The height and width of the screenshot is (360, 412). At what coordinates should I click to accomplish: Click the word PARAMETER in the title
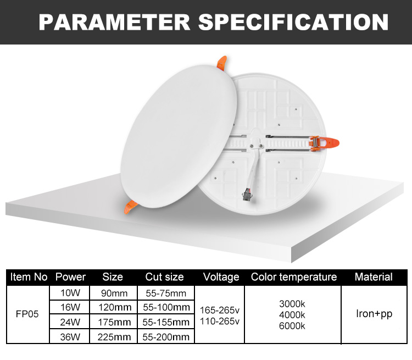pyautogui.click(x=114, y=22)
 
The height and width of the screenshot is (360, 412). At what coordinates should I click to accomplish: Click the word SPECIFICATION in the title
pyautogui.click(x=293, y=22)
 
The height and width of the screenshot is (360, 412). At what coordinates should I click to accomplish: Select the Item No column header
pyautogui.click(x=29, y=277)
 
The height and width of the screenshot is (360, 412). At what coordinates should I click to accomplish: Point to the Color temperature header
pyautogui.click(x=293, y=277)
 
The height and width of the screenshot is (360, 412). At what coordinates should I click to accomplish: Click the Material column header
pyautogui.click(x=374, y=277)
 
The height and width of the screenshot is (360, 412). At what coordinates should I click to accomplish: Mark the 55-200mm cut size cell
pyautogui.click(x=164, y=336)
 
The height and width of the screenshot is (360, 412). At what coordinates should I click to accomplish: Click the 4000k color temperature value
pyautogui.click(x=293, y=314)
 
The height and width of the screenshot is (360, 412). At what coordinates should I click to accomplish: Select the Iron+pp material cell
pyautogui.click(x=374, y=314)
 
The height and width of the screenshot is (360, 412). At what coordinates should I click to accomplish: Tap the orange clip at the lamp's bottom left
pyautogui.click(x=132, y=207)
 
